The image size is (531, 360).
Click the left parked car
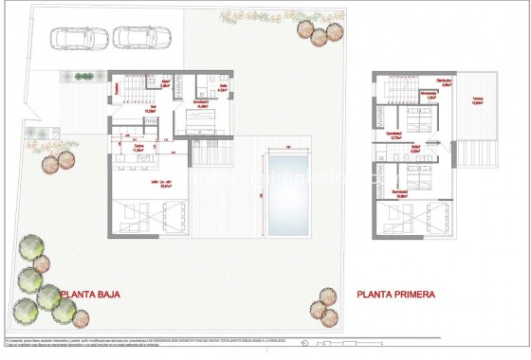[73, 37]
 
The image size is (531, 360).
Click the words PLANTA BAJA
[95, 295]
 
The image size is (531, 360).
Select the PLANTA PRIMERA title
[396, 295]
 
